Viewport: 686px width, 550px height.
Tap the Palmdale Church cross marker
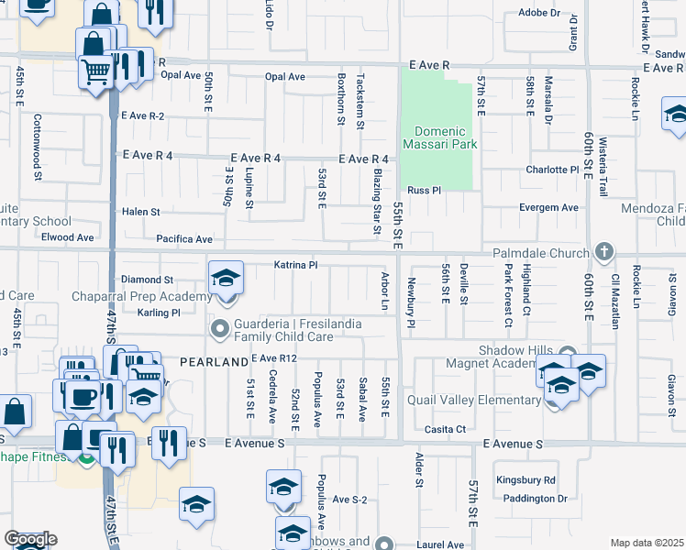coord(603,250)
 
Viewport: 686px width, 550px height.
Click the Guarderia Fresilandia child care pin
coord(220,327)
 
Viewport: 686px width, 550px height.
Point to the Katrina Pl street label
coord(295,265)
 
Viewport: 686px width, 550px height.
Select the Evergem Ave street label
coord(548,208)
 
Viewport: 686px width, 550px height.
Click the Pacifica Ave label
coord(184,238)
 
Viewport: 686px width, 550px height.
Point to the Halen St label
coord(141,212)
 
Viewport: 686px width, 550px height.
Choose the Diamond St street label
coord(148,280)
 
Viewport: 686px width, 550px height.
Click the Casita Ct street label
coord(445,429)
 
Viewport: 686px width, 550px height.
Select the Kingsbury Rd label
coord(526,479)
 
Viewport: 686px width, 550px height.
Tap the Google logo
coord(30,539)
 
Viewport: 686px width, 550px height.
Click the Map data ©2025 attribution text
coord(647,543)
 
